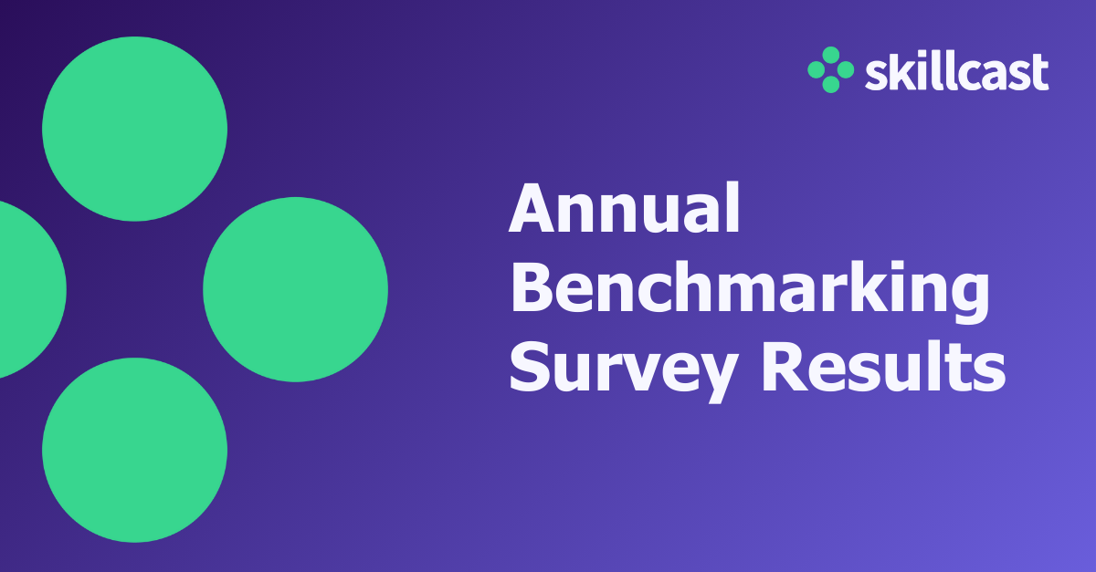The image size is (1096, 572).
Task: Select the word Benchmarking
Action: click(749, 290)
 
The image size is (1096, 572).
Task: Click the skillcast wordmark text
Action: click(956, 72)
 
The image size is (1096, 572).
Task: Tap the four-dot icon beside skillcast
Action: click(830, 69)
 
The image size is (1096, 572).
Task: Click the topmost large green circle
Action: click(134, 129)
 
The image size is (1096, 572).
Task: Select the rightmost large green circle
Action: click(295, 289)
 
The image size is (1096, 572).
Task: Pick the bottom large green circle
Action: click(134, 450)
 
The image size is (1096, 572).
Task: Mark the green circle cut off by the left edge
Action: click(27, 289)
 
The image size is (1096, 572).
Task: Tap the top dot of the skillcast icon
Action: click(830, 55)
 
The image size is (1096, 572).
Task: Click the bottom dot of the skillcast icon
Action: click(830, 85)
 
